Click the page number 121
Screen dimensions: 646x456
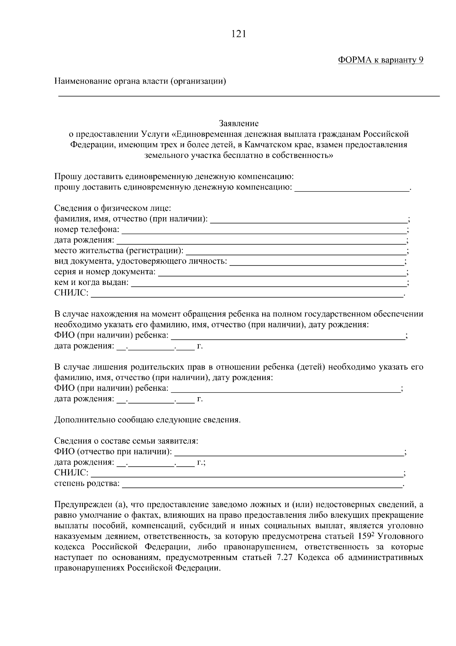click(239, 34)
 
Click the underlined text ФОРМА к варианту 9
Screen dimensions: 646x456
click(380, 60)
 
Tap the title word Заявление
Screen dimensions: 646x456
click(239, 123)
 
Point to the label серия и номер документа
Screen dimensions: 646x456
click(105, 272)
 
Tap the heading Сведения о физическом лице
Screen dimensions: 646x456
click(113, 208)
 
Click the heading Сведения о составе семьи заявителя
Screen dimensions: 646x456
click(126, 441)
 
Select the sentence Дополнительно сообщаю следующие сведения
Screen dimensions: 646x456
click(147, 420)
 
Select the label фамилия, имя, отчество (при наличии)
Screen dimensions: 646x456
click(131, 219)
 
